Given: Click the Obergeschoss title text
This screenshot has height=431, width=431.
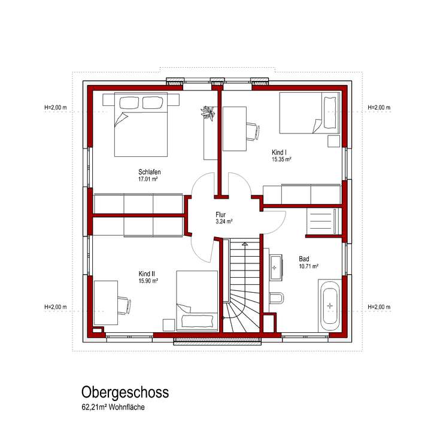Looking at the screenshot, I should [x=125, y=392].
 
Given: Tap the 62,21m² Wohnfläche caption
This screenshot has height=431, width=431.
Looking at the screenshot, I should [x=114, y=408].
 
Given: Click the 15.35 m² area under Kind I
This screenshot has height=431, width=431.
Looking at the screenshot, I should [x=281, y=160].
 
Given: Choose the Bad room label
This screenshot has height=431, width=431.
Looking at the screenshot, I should [x=304, y=259].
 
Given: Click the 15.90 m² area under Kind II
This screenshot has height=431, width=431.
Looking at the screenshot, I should [x=148, y=280].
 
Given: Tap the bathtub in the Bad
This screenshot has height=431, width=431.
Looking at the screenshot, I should [x=329, y=305].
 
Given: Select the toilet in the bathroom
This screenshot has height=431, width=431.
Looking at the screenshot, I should [x=277, y=298].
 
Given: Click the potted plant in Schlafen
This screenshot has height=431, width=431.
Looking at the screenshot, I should [x=210, y=113].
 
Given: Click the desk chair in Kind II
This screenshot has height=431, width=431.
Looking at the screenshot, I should [x=123, y=305].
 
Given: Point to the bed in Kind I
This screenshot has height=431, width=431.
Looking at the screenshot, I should [x=308, y=114].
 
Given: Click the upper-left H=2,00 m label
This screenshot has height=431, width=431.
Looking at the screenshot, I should [x=56, y=108].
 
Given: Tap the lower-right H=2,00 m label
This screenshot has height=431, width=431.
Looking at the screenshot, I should [x=378, y=307].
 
